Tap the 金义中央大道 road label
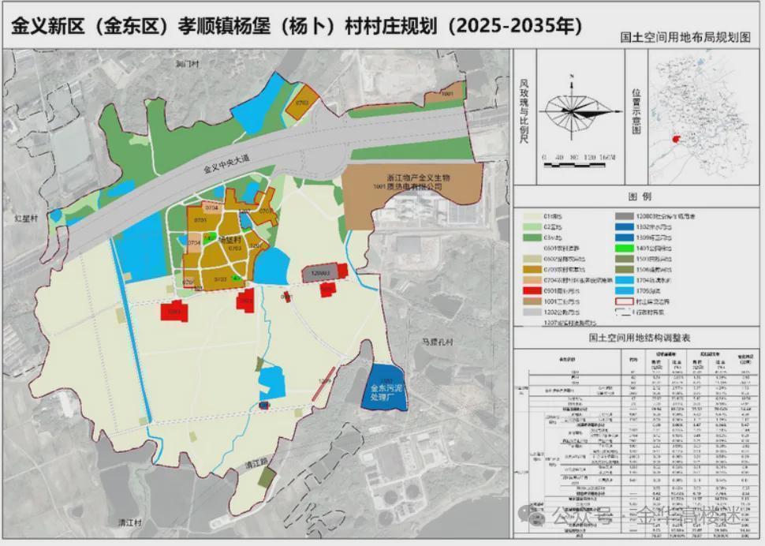point(225,164)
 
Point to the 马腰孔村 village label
point(439,342)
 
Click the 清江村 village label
point(128,522)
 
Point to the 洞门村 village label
point(187,63)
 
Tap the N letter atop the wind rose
point(573,76)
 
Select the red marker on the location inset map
point(675,139)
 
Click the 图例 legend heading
point(638,196)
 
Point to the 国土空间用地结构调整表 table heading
point(639,337)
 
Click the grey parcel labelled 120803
point(319,273)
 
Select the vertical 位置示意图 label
point(636,110)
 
